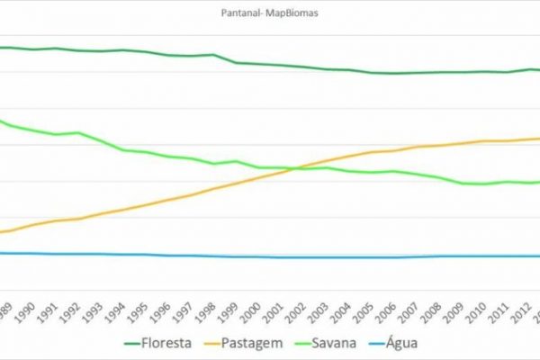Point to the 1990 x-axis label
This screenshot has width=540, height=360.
28,309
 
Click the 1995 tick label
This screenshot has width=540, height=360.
139,309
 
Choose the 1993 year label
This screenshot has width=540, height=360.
94,309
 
